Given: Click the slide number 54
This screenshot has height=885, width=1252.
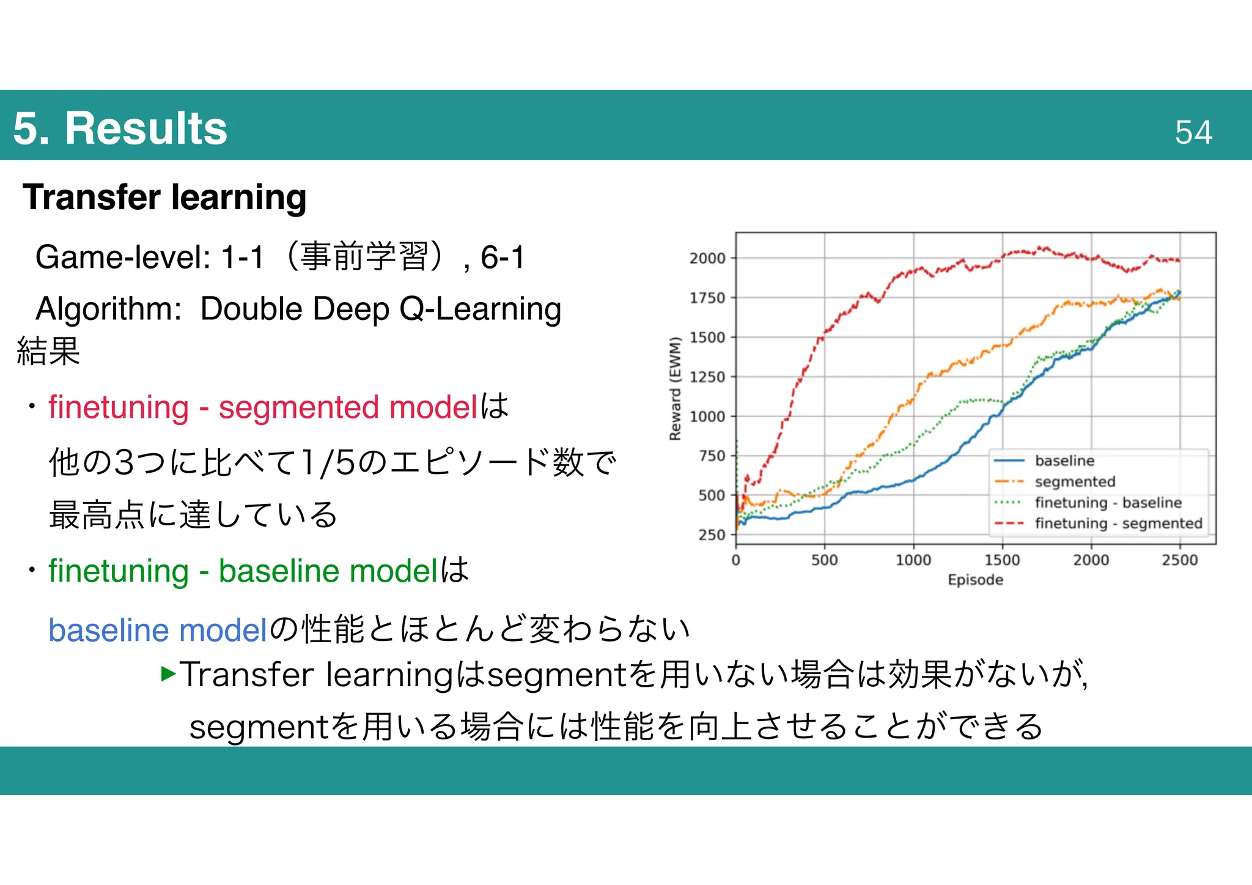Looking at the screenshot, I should coord(1193,132).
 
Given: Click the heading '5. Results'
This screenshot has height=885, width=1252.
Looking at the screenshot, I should coord(120,128).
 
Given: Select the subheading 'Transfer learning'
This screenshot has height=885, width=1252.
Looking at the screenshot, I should coord(164,198).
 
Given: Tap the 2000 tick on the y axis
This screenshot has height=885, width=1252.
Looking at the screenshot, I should coord(707,258).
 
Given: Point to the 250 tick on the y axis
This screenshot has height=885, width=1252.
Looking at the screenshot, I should coord(712,535).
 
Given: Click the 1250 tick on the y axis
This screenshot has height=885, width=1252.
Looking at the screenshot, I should coord(707,377).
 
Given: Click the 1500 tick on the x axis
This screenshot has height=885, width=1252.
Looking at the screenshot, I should coord(1002,560).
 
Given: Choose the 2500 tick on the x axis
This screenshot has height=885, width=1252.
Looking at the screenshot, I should coord(1179,560).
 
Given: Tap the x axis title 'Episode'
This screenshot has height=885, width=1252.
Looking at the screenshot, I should coord(975,580).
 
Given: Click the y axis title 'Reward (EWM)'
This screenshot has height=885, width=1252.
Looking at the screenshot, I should coord(675,388).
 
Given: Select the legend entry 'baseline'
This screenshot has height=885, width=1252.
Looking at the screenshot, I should coord(1064,461).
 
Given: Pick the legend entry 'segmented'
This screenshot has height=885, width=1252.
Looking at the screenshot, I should coord(1075,482).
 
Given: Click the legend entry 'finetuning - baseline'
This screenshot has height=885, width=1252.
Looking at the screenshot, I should coord(1108,503).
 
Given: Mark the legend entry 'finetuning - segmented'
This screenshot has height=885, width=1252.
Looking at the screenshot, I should coord(1118,524).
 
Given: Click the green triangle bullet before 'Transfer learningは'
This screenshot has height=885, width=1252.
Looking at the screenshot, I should coord(168,674).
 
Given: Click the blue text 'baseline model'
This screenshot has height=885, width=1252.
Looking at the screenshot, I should coord(158,630).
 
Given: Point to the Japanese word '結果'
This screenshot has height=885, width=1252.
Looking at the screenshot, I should coord(48,351).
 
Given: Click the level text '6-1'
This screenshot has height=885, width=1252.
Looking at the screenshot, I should coord(503,257).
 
